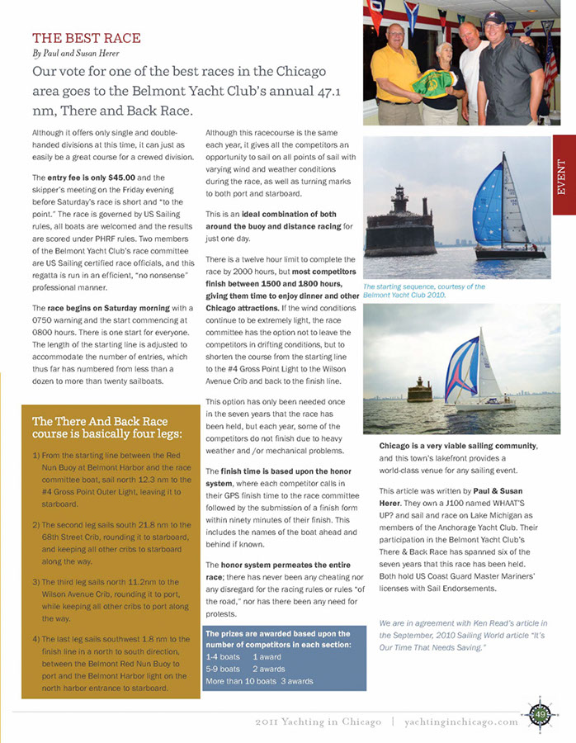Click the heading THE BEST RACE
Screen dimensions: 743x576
tap(86, 38)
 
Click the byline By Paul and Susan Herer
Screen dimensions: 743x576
tap(73, 53)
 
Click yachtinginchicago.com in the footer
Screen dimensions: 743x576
tap(461, 722)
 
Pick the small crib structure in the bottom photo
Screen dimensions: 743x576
tap(419, 390)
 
